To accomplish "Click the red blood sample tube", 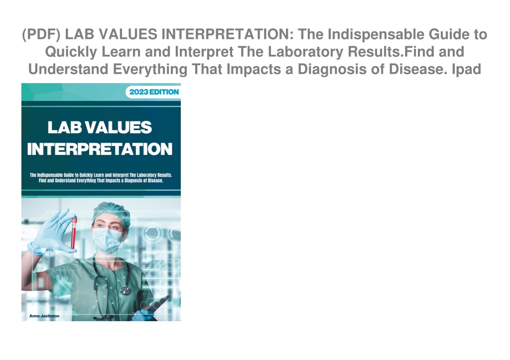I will (x=74, y=233).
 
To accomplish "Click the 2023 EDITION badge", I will (x=153, y=92).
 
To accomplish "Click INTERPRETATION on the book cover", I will (x=100, y=149).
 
